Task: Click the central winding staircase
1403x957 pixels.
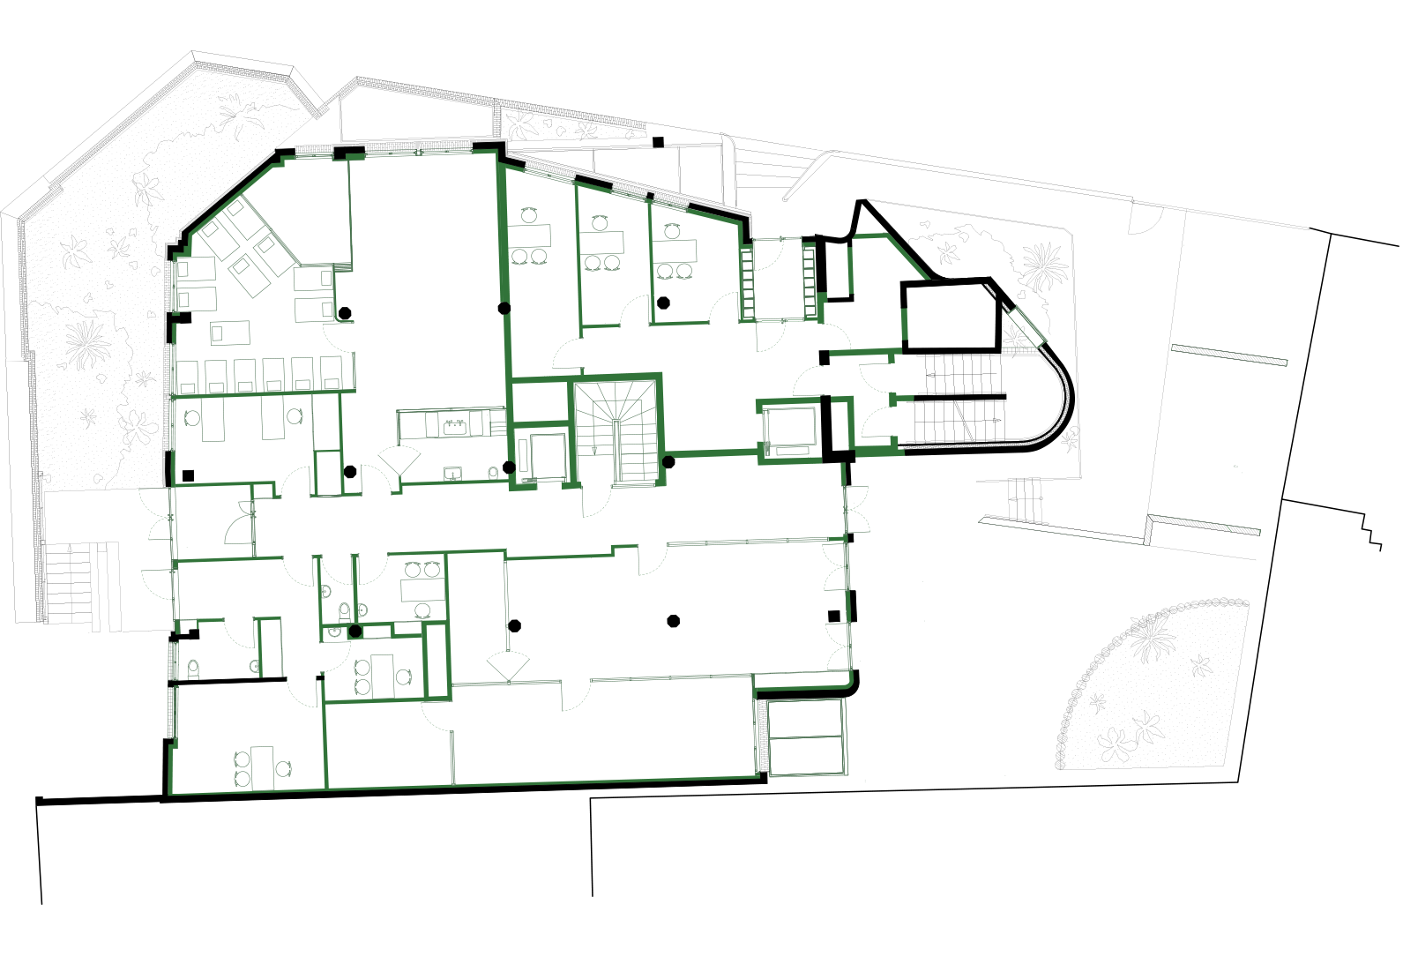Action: pyautogui.click(x=616, y=430)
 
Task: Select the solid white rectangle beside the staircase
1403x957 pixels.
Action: pyautogui.click(x=541, y=401)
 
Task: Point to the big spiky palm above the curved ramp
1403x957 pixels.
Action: pyautogui.click(x=1044, y=266)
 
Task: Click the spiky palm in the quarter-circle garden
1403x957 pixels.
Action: pyautogui.click(x=1152, y=637)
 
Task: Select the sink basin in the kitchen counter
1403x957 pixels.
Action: pyautogui.click(x=455, y=427)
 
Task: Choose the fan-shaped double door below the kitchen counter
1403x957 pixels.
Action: pyautogui.click(x=399, y=460)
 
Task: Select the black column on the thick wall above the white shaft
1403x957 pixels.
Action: pyautogui.click(x=505, y=309)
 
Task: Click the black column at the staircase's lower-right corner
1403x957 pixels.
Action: pyautogui.click(x=668, y=461)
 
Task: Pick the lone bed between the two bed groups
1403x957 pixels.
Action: pyautogui.click(x=229, y=333)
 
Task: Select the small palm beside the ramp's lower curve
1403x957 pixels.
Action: pyautogui.click(x=1070, y=438)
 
